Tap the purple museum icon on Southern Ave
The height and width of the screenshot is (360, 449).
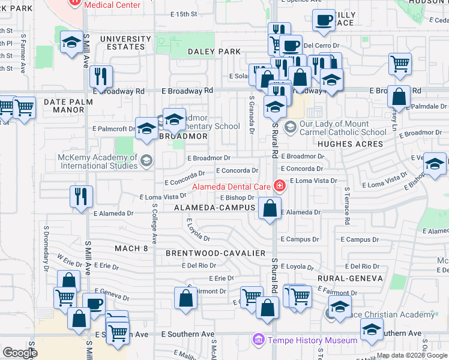(x=259, y=340)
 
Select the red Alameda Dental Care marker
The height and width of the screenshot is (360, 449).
(x=279, y=187)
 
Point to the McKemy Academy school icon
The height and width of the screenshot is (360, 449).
(x=146, y=160)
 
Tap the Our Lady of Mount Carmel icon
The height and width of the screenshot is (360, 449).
(x=291, y=127)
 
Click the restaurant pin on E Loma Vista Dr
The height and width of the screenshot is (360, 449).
(x=80, y=196)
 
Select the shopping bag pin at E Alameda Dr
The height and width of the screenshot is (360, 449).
(x=270, y=209)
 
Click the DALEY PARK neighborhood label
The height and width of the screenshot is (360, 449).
(x=214, y=52)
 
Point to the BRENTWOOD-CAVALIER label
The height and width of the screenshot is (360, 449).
(x=215, y=253)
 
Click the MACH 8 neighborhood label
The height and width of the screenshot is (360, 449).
(x=131, y=248)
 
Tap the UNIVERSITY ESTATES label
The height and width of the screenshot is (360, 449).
(x=122, y=43)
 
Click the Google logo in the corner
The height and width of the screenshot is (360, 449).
(x=20, y=352)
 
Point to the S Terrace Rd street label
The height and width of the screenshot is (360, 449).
(x=347, y=206)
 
